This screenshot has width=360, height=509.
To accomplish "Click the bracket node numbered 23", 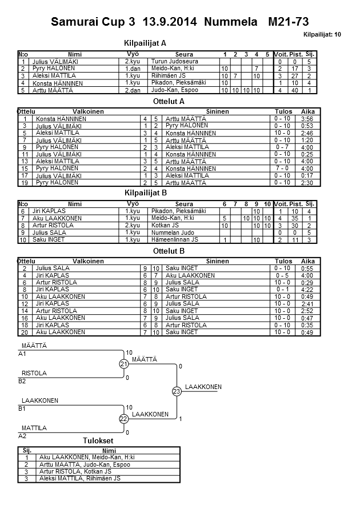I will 177,391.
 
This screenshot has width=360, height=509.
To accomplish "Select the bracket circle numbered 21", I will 123,364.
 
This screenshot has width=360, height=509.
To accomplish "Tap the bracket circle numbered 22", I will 123,419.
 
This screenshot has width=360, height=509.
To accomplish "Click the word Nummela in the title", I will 229,22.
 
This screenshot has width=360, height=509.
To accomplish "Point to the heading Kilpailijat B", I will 145,193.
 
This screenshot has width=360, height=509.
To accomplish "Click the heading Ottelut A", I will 169,101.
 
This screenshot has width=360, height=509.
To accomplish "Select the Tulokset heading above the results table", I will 98,440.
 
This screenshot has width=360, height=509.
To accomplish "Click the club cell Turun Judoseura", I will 174,61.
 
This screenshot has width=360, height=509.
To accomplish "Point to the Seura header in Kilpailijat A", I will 184,54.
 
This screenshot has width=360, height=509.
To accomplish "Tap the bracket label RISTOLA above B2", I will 34,373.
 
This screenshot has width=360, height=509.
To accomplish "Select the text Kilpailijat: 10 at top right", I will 323,35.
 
